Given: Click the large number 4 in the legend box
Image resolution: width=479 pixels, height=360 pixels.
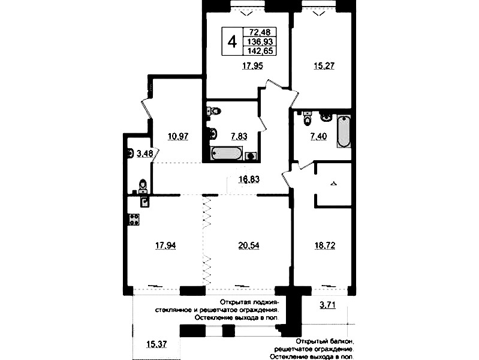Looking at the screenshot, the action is coord(232,41).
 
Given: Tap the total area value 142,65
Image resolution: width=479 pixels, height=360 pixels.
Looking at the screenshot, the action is coord(260,51).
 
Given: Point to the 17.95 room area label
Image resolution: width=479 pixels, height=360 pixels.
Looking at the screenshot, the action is coord(252,66).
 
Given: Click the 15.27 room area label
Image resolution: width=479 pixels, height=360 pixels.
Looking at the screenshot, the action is coord(324,66).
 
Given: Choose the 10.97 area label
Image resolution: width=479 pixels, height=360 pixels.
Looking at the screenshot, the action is coord(178,136).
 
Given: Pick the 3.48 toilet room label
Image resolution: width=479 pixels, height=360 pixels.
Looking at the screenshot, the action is coord(145,153).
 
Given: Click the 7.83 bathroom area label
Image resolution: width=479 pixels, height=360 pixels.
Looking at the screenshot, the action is coord(239,136).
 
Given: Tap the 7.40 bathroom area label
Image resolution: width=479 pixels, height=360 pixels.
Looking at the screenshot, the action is coord(318,136).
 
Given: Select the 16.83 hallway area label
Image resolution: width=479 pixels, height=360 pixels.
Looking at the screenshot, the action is coord(249,179).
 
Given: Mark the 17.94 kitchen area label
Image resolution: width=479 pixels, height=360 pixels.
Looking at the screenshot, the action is coord(165,245).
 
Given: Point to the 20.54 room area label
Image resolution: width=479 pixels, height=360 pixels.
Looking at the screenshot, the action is coord(249,245).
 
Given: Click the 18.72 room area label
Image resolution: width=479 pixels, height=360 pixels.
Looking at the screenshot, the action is coord(325,245).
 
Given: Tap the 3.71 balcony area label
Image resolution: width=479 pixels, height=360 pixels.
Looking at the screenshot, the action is coord(327,305).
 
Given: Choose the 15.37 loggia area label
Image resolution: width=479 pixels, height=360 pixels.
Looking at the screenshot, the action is coord(156,344).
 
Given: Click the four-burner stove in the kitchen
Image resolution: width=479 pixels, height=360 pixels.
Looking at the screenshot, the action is coord(134,220).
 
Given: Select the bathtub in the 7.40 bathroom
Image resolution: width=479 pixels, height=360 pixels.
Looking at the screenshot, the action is coord(344,131).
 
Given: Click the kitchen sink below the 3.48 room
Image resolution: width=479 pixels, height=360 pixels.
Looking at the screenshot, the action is coord(145,201).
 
